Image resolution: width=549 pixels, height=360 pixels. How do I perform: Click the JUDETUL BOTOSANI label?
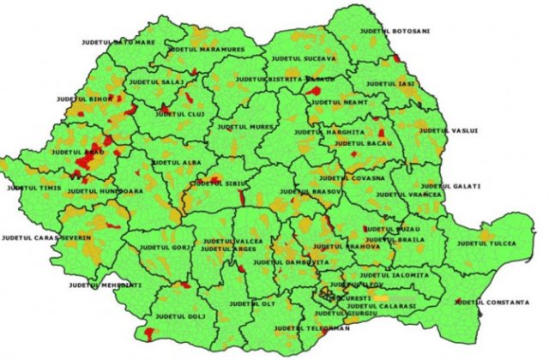point(401,31)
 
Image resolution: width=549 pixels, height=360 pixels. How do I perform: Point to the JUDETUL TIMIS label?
point(35,187)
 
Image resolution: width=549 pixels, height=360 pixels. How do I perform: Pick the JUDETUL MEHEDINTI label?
point(105,284)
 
